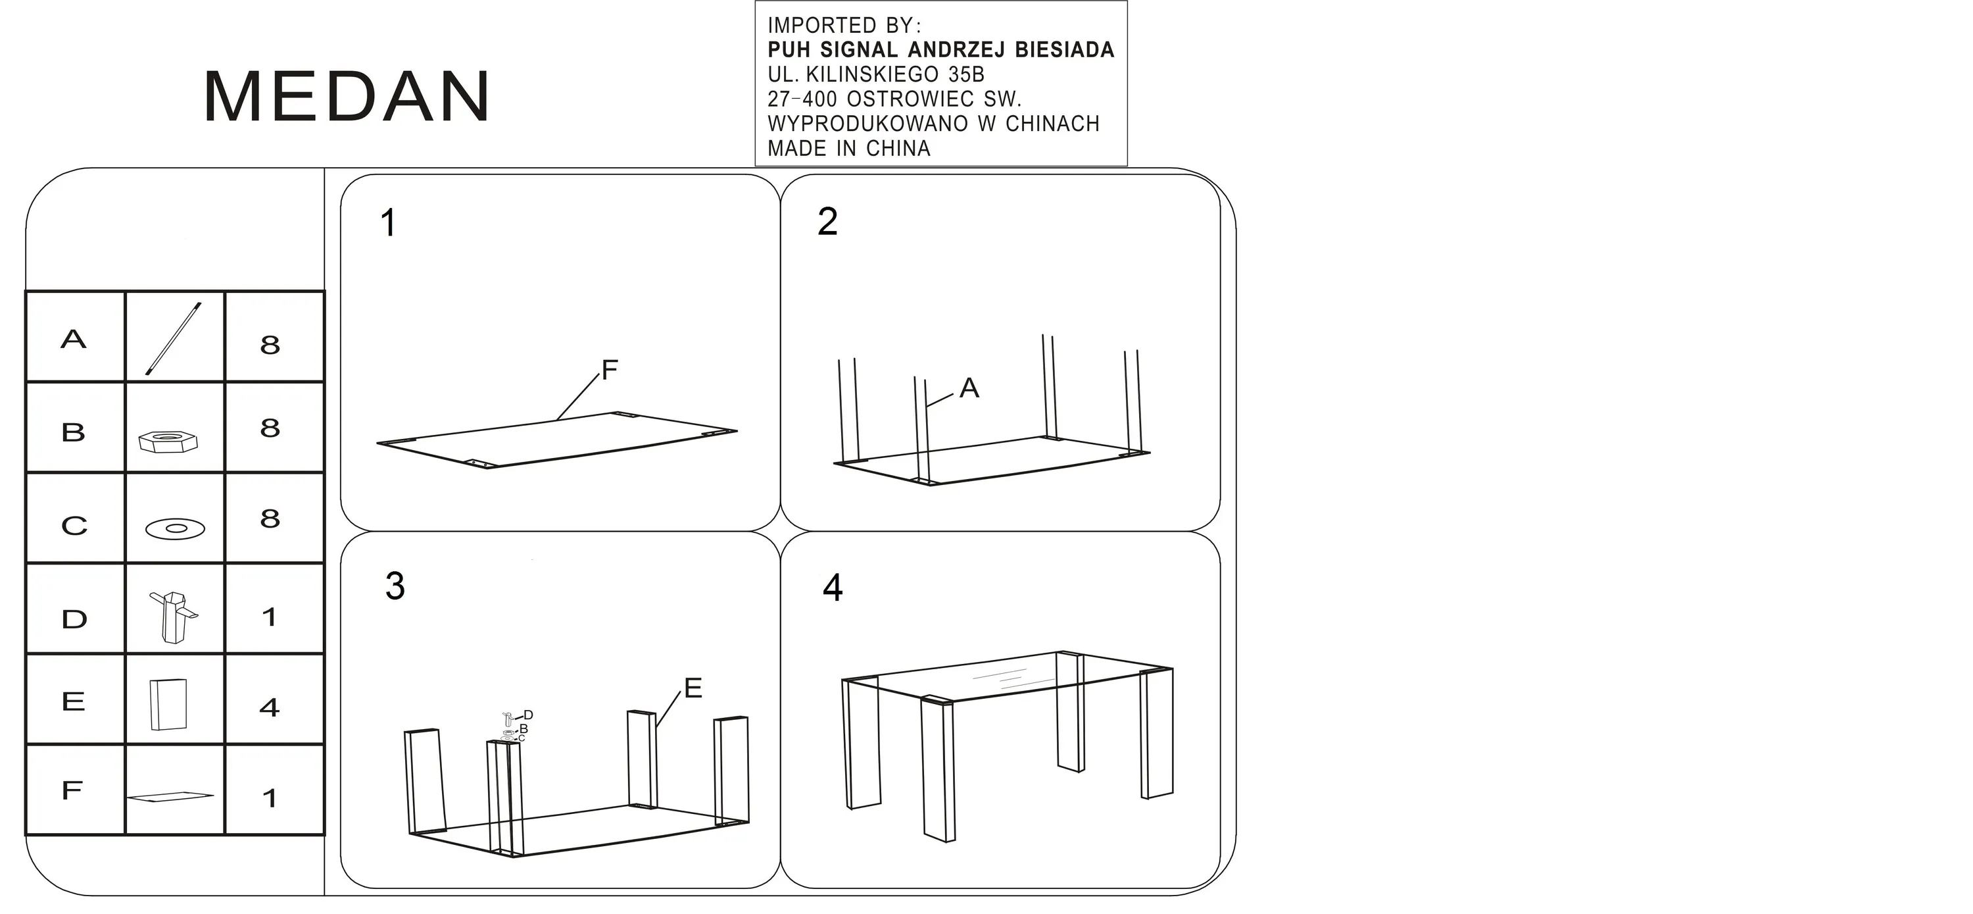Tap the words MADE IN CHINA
point(848,148)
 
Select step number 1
point(388,222)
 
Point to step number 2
point(827,221)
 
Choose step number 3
point(395,586)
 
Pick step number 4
point(833,588)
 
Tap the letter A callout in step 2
point(969,388)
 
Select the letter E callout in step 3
point(693,688)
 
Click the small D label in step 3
point(529,715)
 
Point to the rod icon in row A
point(174,339)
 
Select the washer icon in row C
point(176,528)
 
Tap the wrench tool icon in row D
point(174,615)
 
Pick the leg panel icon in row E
point(168,703)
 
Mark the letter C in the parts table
point(74,526)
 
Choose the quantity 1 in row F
point(269,798)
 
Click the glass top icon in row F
point(170,797)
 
